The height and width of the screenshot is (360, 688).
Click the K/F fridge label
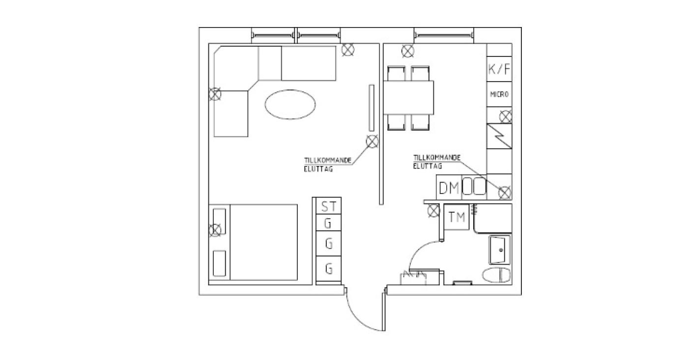click(x=499, y=69)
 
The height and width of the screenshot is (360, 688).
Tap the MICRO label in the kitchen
click(x=499, y=94)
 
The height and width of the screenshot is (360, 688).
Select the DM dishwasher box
click(x=449, y=187)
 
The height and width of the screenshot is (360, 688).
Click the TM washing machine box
click(x=457, y=217)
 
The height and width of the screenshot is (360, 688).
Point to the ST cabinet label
click(x=329, y=207)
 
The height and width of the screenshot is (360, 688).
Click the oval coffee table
click(x=290, y=104)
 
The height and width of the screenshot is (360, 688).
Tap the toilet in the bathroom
click(x=496, y=275)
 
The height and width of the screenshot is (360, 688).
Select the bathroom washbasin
click(x=499, y=250)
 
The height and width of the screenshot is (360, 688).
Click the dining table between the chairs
click(x=408, y=98)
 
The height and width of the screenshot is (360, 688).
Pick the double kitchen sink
click(x=474, y=185)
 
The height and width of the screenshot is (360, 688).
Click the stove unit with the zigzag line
click(x=499, y=136)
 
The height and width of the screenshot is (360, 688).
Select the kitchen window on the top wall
click(x=443, y=35)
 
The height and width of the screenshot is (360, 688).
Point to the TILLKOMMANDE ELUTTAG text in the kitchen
click(x=437, y=162)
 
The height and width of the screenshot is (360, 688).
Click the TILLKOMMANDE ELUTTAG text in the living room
click(x=328, y=165)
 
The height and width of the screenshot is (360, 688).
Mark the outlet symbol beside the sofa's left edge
click(x=215, y=94)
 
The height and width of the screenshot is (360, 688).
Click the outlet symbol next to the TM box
click(x=433, y=211)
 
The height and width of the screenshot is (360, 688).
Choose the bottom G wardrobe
click(x=329, y=269)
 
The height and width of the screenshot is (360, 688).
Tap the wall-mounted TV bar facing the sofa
click(x=372, y=108)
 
